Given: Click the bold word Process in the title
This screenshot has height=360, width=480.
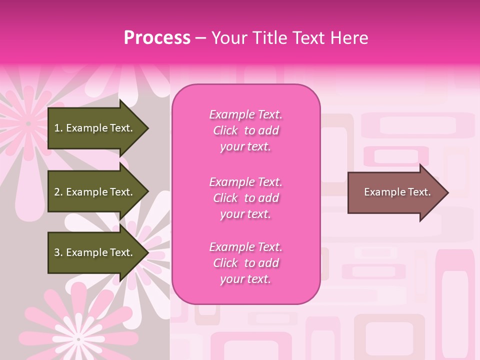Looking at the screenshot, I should pos(157,38).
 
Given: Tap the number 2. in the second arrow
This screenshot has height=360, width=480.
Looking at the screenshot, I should pos(58,192).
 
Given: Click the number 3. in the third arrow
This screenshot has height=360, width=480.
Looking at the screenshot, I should pos(58,252).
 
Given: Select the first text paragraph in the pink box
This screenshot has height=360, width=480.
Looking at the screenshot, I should pos(245,130).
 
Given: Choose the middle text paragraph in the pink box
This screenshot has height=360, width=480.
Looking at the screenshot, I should pos(245,198).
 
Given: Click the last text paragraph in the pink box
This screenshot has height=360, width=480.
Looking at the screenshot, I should pos(245,263).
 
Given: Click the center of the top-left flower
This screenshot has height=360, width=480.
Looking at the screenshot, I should pos(28,123).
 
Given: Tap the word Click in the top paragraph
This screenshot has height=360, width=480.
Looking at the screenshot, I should pos(225,130).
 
